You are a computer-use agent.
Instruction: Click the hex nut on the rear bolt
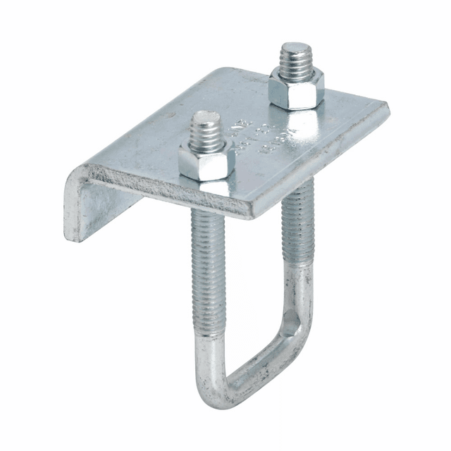pyautogui.click(x=296, y=89)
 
